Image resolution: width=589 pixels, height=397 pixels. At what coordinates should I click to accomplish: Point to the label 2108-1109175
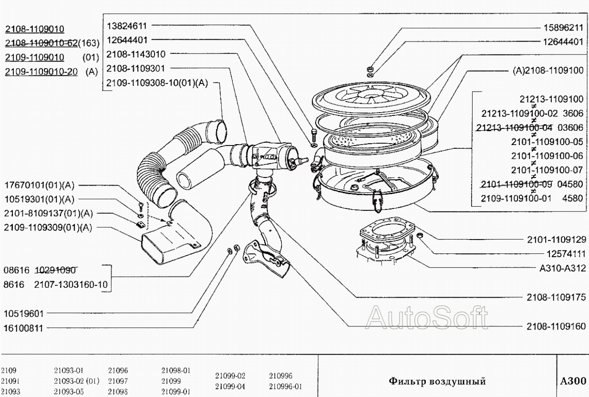pos(556,296)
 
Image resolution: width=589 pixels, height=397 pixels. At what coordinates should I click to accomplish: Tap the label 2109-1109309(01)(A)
pos(48,227)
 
